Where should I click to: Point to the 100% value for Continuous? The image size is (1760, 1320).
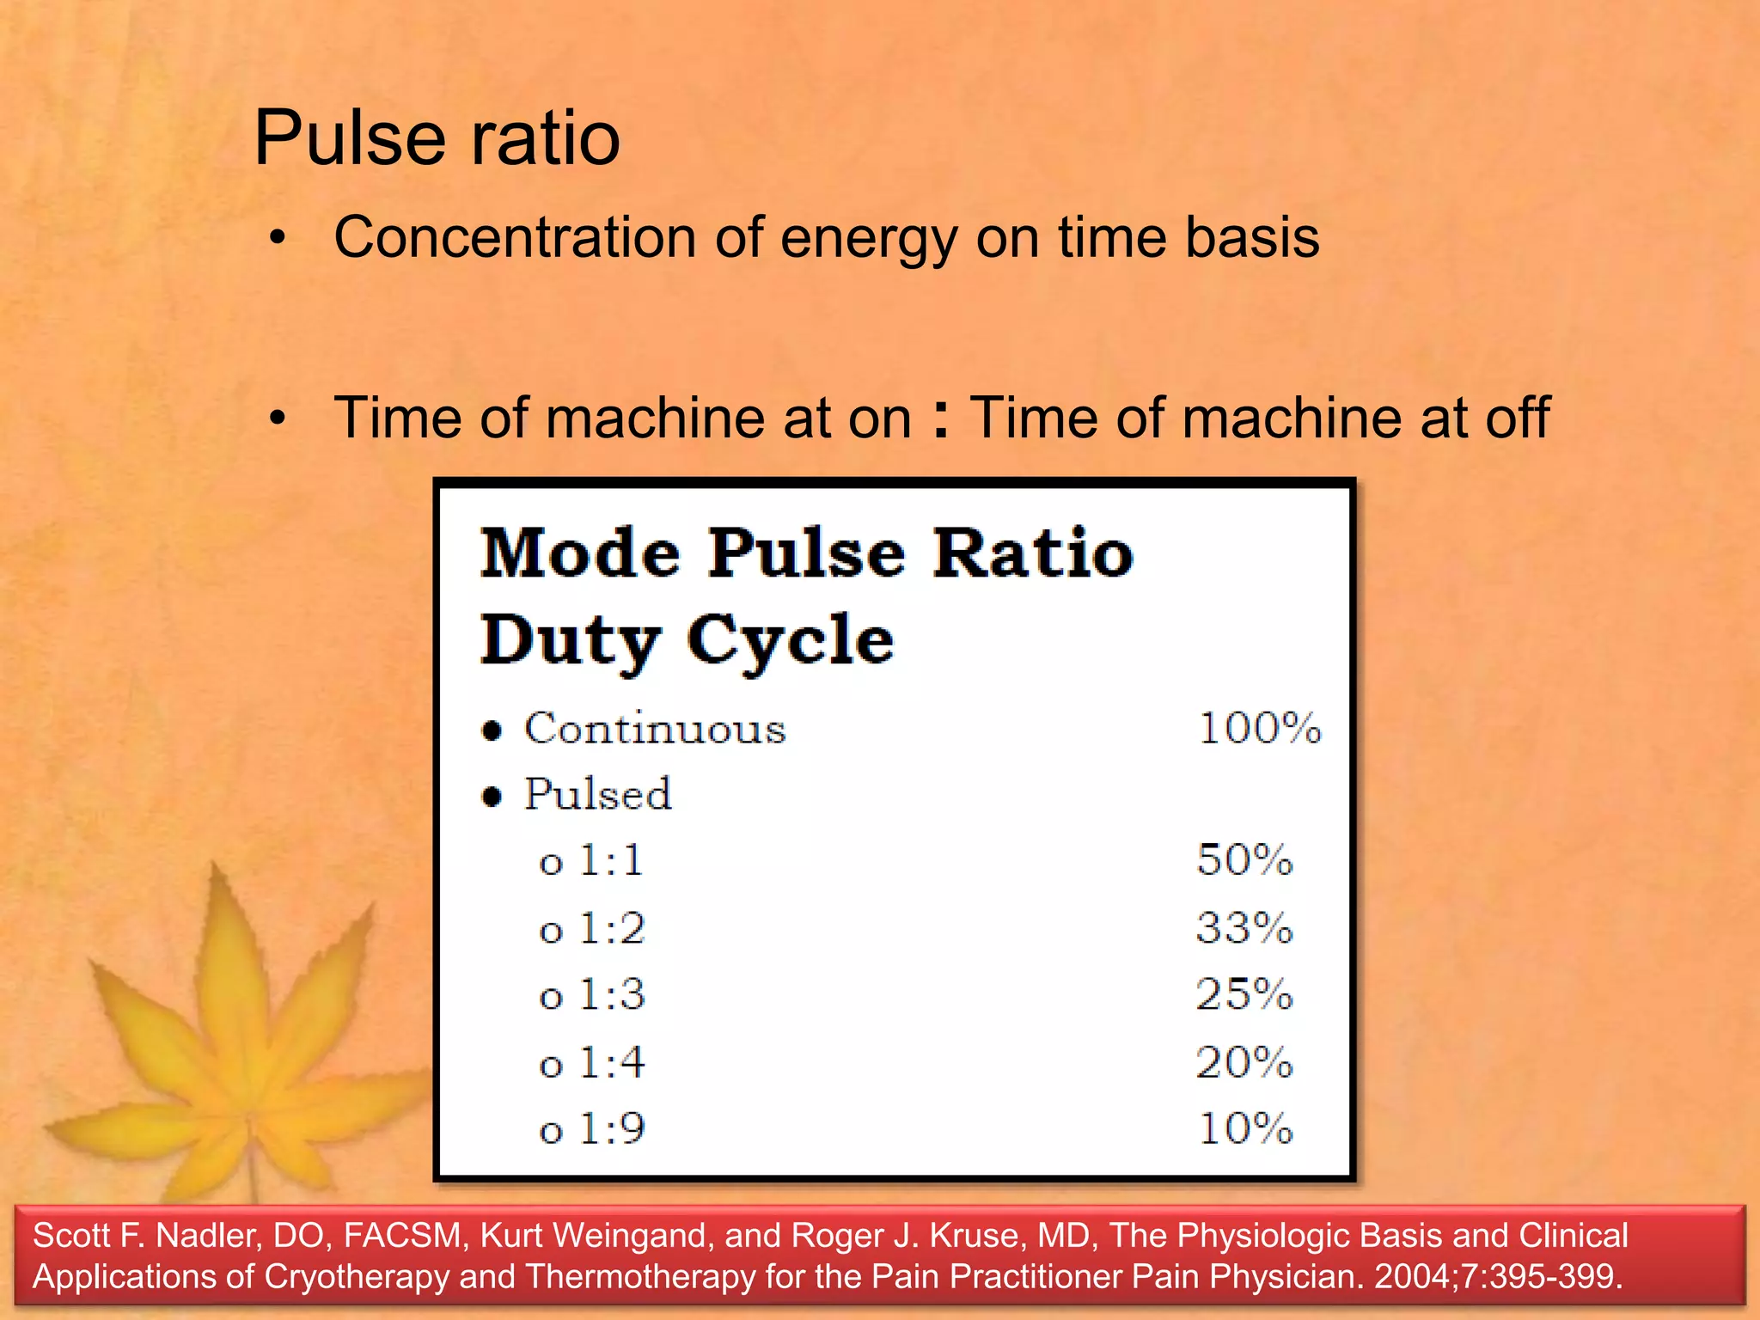click(1259, 729)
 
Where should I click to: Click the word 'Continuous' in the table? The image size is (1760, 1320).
click(655, 730)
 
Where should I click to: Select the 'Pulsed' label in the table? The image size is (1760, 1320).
click(598, 794)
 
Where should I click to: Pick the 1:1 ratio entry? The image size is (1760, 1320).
click(611, 861)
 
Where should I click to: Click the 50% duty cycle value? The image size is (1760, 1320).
click(1244, 860)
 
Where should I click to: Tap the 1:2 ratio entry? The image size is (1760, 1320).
click(612, 929)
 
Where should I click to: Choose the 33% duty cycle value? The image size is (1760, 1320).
click(1244, 928)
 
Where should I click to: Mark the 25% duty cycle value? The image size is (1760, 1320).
click(1244, 995)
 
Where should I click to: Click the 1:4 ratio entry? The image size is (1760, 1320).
click(612, 1063)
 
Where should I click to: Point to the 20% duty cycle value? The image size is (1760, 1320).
click(1244, 1063)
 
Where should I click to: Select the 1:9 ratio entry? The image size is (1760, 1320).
click(612, 1129)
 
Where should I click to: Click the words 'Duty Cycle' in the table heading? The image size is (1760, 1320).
click(687, 640)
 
